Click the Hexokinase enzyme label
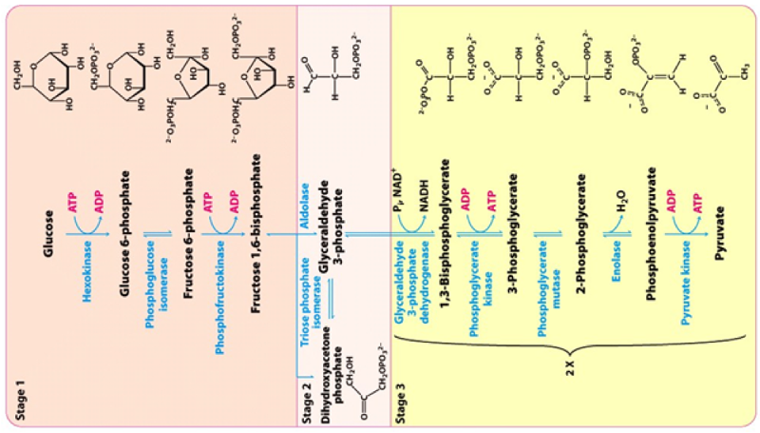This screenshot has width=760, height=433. pyautogui.click(x=88, y=271)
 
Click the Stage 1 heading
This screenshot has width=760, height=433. pyautogui.click(x=23, y=397)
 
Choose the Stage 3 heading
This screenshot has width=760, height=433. pyautogui.click(x=407, y=396)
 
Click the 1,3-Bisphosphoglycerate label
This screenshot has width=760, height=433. pyautogui.click(x=445, y=245)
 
